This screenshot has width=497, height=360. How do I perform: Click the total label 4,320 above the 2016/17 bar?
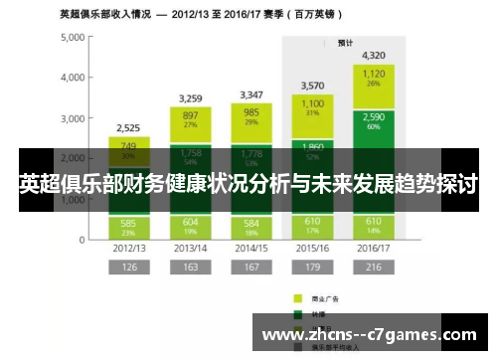374,56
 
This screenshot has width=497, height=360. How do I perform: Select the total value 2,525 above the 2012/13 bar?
128,127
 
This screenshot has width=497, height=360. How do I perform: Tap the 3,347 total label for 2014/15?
251,94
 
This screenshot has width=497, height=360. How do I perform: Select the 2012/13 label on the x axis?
128,247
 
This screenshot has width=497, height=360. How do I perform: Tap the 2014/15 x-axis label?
251,247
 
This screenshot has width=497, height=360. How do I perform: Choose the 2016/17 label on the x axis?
374,247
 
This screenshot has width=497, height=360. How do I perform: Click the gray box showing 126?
128,267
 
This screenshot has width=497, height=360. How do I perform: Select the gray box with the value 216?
374,267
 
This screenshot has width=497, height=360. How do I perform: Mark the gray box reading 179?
312,267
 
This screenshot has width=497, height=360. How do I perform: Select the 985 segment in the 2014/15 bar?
251,117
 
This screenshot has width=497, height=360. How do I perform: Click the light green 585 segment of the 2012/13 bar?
128,226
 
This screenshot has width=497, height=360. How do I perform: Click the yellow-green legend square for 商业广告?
297,296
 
